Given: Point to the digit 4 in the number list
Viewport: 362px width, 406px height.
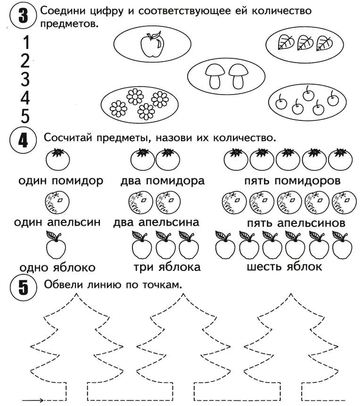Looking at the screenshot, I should tap(25, 98).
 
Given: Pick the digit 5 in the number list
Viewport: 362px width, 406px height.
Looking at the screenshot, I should tap(25, 116).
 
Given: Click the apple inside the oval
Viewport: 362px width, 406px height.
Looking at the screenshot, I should tap(152, 45).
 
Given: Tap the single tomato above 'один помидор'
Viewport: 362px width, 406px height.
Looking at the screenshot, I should tap(58, 160).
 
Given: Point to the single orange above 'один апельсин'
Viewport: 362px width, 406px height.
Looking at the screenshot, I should tap(57, 202).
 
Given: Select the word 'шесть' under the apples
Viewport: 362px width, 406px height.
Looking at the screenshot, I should tap(263, 266).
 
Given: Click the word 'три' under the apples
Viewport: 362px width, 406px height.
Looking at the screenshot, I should tap(143, 267).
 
